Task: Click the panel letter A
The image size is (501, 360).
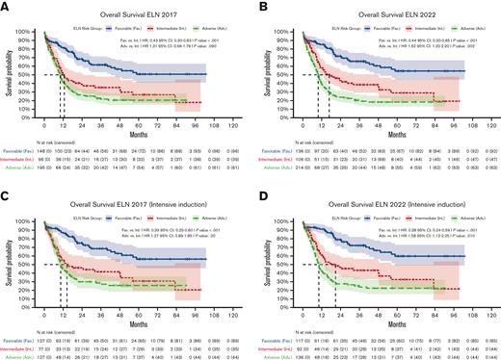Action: pyautogui.click(x=5, y=6)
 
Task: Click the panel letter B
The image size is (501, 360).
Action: pyautogui.click(x=257, y=6)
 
